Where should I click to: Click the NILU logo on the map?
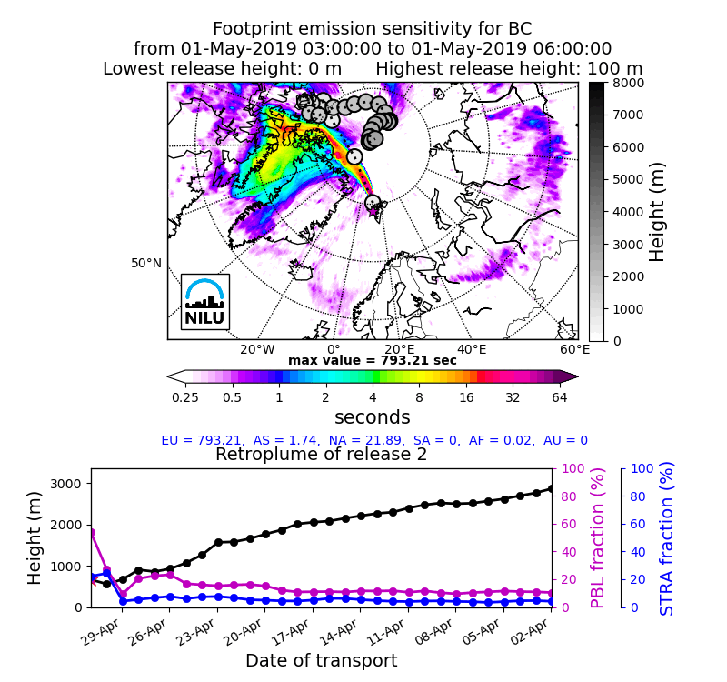click(x=204, y=301)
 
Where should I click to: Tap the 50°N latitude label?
click(x=145, y=263)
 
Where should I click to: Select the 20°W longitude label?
click(x=257, y=349)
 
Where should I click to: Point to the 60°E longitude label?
click(x=574, y=349)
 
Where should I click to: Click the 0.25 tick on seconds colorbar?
click(x=185, y=396)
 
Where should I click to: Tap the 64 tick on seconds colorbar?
click(x=559, y=396)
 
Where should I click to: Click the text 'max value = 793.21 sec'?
click(x=373, y=361)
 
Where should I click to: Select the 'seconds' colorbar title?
click(x=373, y=417)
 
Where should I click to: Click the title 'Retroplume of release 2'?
click(x=321, y=455)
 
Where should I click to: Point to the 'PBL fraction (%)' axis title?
click(x=597, y=537)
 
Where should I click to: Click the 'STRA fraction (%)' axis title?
click(x=667, y=537)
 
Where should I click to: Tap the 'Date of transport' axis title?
click(x=321, y=660)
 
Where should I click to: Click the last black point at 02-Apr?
click(x=551, y=488)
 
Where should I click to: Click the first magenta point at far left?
click(x=91, y=532)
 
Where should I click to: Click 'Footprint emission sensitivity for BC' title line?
click(x=373, y=29)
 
